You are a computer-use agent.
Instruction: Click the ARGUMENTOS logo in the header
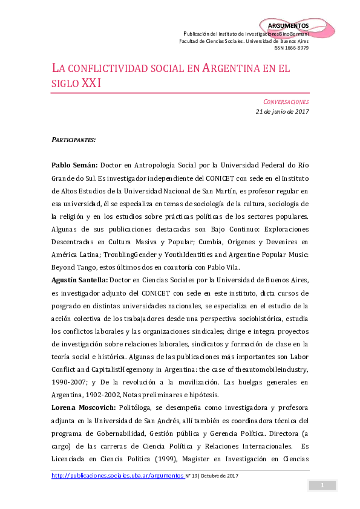click(288, 25)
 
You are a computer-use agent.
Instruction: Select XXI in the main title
click(91, 83)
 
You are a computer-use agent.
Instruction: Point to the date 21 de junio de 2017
click(282, 111)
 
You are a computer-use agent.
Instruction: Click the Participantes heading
click(73, 140)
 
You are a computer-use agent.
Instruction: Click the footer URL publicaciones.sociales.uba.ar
click(117, 476)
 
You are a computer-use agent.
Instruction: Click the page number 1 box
click(322, 485)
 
